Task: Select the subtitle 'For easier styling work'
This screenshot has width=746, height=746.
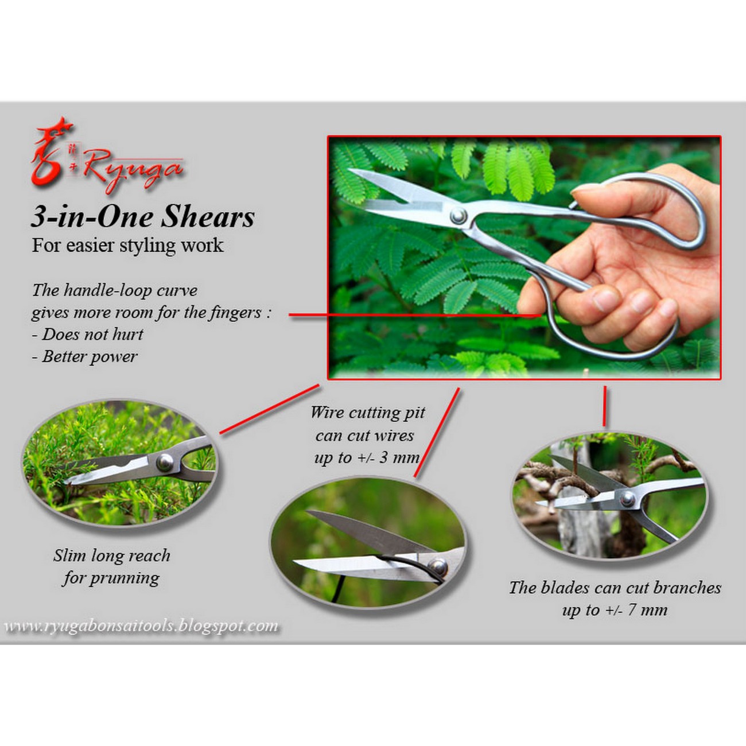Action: tap(127, 246)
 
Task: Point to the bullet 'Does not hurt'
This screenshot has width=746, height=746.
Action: tap(87, 335)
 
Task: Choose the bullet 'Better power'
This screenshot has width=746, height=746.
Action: tap(84, 356)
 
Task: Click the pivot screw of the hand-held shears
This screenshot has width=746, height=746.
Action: tap(459, 216)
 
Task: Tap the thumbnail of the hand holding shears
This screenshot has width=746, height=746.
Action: tap(524, 258)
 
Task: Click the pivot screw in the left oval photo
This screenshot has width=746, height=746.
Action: tap(165, 463)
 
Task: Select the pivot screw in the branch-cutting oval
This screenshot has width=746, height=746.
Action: tap(628, 499)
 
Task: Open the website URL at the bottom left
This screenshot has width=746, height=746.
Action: tap(141, 626)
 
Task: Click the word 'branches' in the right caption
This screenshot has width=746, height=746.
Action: tap(687, 588)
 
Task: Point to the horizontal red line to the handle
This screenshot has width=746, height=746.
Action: tap(415, 315)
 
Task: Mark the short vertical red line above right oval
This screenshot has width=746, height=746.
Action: tap(604, 406)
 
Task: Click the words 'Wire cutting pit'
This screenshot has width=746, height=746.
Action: tap(367, 413)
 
